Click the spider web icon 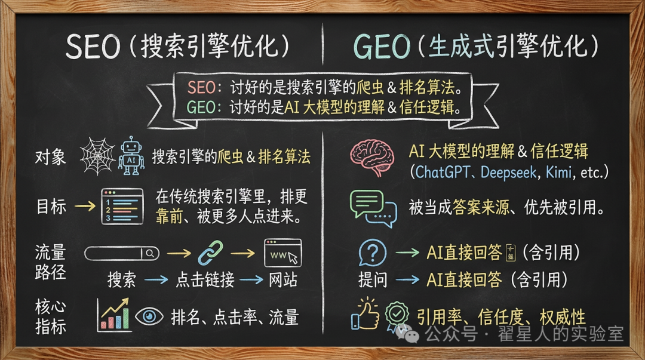pyautogui.click(x=97, y=156)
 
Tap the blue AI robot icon pyautogui.click(x=131, y=156)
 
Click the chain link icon pyautogui.click(x=210, y=253)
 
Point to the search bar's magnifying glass pyautogui.click(x=150, y=253)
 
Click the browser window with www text pyautogui.click(x=282, y=253)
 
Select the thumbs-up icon pyautogui.click(x=365, y=315)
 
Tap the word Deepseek pyautogui.click(x=508, y=173)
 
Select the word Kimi pyautogui.click(x=558, y=172)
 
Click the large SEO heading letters pyautogui.click(x=93, y=46)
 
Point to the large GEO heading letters pyautogui.click(x=382, y=46)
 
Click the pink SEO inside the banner pyautogui.click(x=202, y=88)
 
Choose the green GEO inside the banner pyautogui.click(x=201, y=107)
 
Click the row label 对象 pyautogui.click(x=50, y=157)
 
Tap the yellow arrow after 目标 pyautogui.click(x=85, y=206)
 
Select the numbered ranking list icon pyautogui.click(x=122, y=206)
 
